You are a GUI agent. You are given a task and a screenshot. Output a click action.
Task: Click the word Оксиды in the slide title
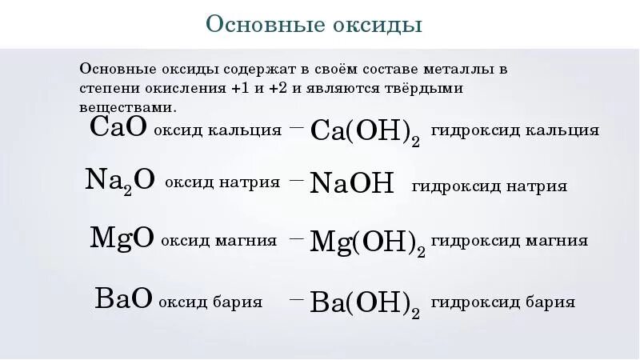(x=378, y=24)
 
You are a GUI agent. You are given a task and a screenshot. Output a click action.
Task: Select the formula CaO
(x=118, y=126)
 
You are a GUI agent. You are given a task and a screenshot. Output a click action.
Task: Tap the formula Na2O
(x=119, y=181)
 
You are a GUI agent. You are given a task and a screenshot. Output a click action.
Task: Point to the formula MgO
(x=122, y=238)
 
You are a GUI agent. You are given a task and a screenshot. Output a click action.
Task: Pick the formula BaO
(x=123, y=299)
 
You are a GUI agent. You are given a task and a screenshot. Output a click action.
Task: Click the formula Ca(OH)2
(x=365, y=130)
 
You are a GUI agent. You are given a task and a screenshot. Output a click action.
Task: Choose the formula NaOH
(x=352, y=185)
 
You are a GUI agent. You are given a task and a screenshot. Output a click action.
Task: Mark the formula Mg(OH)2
(x=367, y=241)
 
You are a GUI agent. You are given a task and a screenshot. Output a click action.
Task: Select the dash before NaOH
(x=296, y=181)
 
